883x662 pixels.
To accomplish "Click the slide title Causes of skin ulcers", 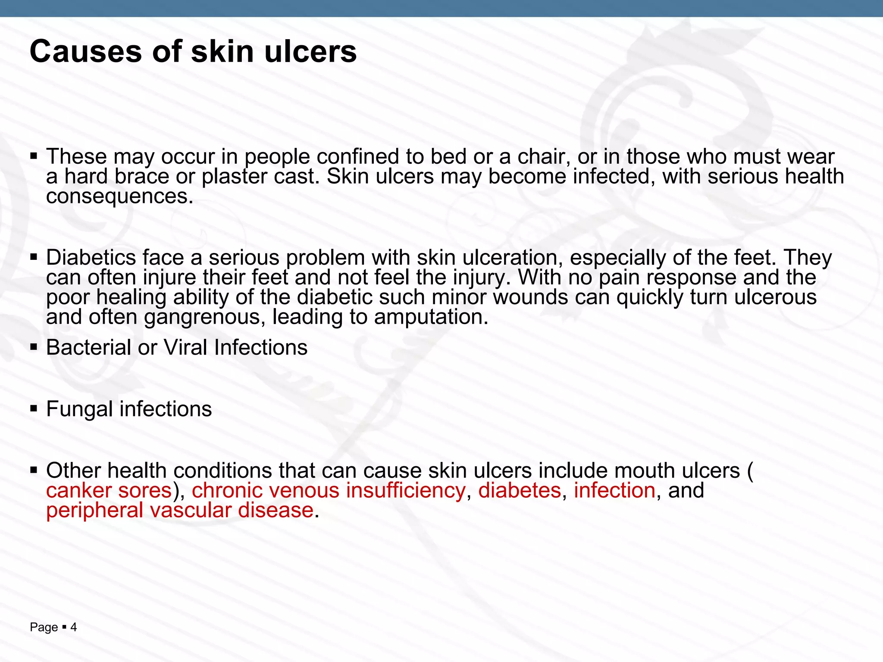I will [193, 52].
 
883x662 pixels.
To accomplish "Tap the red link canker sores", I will [109, 490].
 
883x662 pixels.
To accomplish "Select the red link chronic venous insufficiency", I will [329, 490].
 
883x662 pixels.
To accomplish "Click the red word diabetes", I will [520, 490].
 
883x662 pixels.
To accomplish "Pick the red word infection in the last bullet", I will [614, 490].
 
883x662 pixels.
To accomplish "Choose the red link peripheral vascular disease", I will [180, 511].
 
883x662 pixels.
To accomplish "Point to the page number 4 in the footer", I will [74, 627].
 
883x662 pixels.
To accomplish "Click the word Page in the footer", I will [44, 628].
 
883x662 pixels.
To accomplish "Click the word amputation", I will [431, 317].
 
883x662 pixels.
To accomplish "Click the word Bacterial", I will [89, 347].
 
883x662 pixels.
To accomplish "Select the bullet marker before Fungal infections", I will [34, 408].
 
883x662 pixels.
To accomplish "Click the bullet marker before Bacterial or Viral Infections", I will [34, 347].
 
